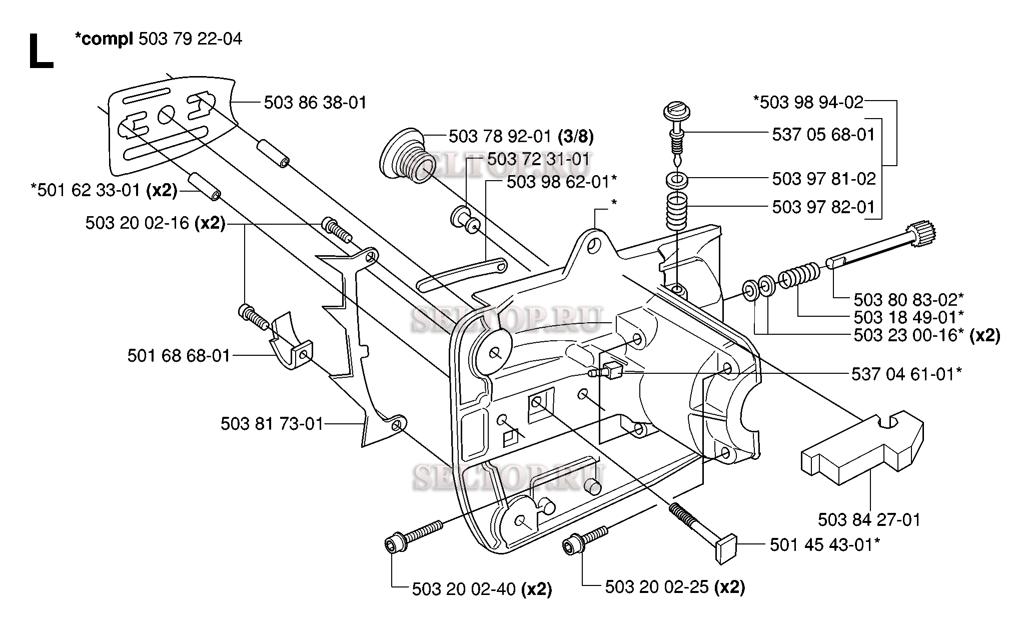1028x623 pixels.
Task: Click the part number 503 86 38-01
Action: click(315, 103)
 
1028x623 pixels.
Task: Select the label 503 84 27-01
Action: click(869, 520)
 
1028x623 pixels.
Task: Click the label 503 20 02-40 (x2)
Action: click(482, 589)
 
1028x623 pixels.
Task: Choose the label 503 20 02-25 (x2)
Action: click(675, 587)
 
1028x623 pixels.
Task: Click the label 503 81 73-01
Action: click(272, 424)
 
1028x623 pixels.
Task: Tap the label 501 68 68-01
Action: click(179, 356)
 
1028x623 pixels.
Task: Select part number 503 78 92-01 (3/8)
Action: click(521, 136)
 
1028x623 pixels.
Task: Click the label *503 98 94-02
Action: click(808, 102)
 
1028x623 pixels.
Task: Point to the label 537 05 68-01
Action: click(824, 135)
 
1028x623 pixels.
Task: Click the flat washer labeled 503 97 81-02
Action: click(675, 179)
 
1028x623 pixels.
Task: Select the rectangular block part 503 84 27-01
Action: click(863, 447)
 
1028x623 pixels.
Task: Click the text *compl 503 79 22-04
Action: click(158, 39)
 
